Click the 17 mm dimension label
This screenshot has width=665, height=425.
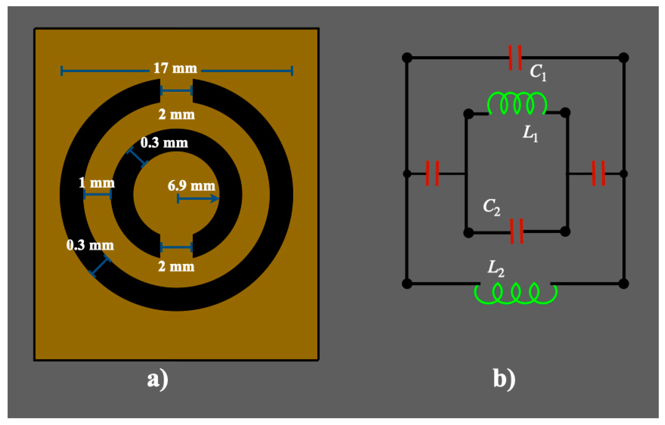point(175,68)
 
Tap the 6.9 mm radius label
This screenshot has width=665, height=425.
point(191,186)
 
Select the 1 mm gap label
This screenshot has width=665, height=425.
point(97,183)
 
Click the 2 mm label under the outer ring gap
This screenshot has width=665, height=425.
point(176,114)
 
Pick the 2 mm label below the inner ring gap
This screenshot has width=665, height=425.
point(176,267)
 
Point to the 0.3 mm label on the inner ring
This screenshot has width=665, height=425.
point(164,143)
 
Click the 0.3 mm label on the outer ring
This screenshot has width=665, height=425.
point(90,245)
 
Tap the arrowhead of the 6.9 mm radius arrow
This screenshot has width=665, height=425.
point(215,198)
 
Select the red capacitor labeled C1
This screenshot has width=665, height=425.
point(515,58)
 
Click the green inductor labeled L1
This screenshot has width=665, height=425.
point(517,104)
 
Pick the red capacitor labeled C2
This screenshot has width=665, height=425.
point(517,231)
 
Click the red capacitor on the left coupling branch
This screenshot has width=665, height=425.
point(432,173)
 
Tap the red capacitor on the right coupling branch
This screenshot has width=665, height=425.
point(598,173)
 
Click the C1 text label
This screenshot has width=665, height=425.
point(538,72)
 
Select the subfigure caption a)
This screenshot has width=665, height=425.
point(158,380)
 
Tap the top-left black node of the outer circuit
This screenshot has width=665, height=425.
point(407,58)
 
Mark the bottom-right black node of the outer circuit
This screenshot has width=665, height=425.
point(623,284)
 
